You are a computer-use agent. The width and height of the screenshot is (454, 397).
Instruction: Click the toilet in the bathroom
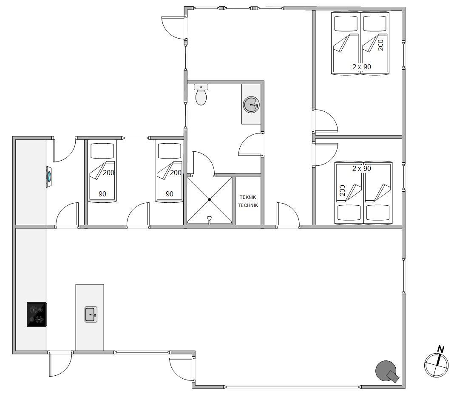201,94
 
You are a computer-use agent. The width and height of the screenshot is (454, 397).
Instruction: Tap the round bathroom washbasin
251,105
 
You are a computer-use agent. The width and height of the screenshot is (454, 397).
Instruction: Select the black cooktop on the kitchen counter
37,315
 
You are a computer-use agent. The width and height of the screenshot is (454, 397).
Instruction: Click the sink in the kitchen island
91,315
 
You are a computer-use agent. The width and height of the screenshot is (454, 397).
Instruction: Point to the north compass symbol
436,365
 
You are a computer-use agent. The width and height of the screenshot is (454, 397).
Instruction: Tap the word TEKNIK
248,197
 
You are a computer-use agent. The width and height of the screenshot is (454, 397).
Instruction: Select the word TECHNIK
248,205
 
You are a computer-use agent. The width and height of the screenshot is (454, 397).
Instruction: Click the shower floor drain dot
209,199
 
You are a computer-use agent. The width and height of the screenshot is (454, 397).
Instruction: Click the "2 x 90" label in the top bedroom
362,67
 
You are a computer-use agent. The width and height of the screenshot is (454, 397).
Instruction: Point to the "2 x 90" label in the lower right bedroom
362,168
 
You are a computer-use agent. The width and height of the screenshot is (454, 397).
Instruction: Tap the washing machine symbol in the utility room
49,177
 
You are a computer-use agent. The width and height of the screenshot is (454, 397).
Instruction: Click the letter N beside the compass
441,349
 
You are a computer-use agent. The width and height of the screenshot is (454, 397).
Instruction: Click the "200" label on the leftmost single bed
108,173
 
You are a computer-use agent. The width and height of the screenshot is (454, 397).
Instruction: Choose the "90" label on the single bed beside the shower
169,194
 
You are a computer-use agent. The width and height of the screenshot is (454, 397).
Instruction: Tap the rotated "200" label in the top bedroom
381,45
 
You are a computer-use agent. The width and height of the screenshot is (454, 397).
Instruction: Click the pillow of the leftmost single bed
102,150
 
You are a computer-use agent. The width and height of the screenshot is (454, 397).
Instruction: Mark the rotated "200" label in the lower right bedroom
343,190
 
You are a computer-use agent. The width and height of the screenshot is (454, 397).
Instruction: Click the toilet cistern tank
201,87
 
